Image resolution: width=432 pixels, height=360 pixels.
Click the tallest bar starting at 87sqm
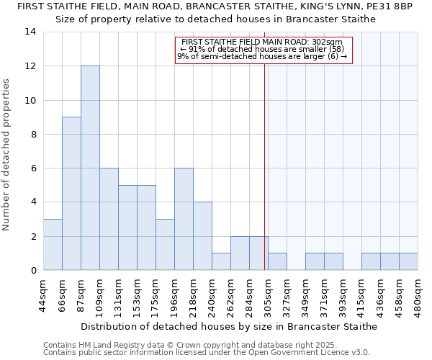point(90,168)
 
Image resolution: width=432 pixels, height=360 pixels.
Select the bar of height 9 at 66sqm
point(71,193)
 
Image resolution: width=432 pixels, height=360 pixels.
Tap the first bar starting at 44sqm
point(53,244)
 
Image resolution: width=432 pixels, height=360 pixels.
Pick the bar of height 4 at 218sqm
point(202,236)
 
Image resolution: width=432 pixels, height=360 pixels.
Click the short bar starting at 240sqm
point(221,261)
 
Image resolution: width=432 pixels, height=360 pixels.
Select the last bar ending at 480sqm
point(408,261)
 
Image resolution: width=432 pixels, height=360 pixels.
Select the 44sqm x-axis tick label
point(43,294)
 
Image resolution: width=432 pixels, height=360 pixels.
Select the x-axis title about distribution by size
point(228,326)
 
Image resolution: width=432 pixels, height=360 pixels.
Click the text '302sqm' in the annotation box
point(328,42)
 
